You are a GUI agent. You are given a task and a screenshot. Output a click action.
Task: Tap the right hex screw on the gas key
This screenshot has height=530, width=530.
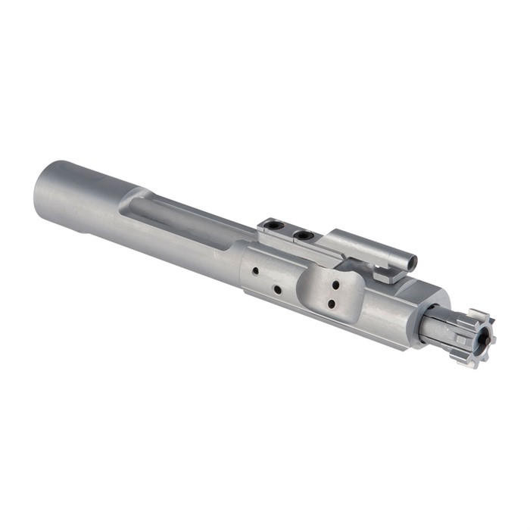[304, 235]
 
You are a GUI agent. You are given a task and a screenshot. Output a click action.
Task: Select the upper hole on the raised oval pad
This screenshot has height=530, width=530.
[334, 286]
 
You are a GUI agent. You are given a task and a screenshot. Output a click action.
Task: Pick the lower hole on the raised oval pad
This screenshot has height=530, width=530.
[331, 304]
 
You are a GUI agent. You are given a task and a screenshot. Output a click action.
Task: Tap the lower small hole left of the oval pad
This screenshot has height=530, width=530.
[277, 289]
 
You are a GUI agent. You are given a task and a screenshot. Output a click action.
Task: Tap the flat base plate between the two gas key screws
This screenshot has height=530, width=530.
[291, 232]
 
